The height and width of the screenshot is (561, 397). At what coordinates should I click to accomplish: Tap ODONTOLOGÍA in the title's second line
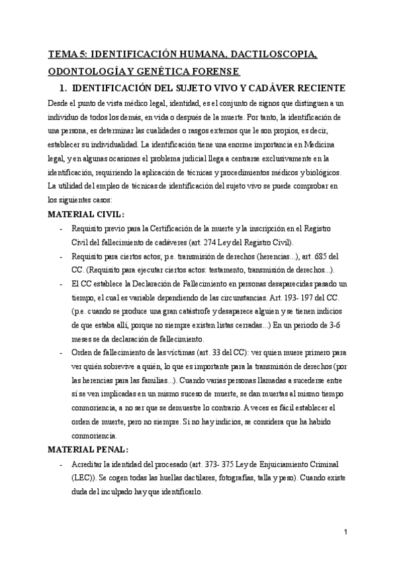tap(89, 70)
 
